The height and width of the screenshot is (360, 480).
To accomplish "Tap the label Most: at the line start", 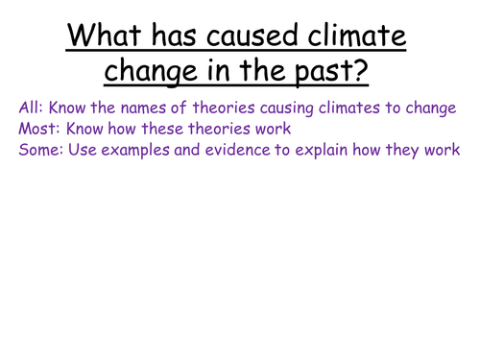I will pos(37,130).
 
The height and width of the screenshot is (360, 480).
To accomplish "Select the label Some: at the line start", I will pos(40,150).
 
